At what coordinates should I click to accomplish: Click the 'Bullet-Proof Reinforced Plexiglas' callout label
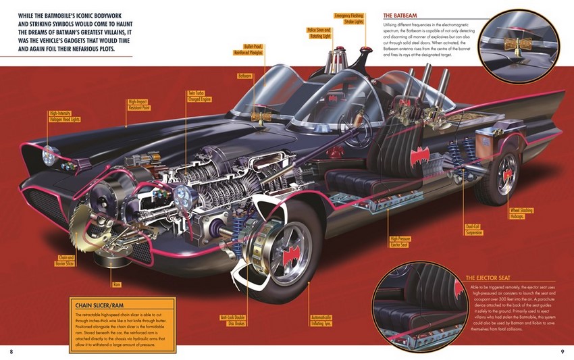point(253,48)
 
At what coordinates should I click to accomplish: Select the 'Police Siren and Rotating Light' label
point(319,33)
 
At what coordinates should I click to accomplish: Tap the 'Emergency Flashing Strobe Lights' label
point(350,18)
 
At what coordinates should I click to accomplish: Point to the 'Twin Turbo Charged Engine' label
point(201,97)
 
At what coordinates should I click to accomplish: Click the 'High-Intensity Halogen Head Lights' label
point(64,117)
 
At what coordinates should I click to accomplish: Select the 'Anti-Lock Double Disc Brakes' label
point(232,319)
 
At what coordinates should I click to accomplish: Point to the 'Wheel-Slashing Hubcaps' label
point(521,213)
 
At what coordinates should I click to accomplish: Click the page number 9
point(562,351)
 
